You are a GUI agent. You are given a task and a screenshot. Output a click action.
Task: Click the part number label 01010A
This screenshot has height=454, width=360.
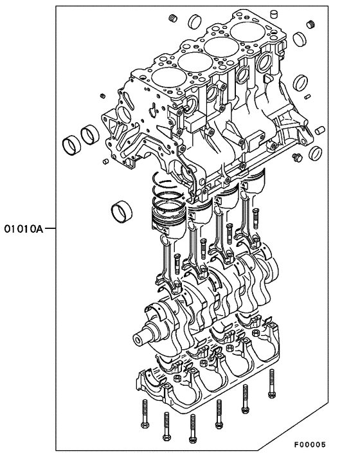22,228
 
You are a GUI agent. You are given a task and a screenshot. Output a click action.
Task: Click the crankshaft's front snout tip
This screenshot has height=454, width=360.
138,340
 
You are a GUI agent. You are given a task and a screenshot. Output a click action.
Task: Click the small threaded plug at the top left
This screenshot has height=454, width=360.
172,16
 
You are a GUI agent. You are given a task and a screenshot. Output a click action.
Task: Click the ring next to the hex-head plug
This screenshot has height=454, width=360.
315,152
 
